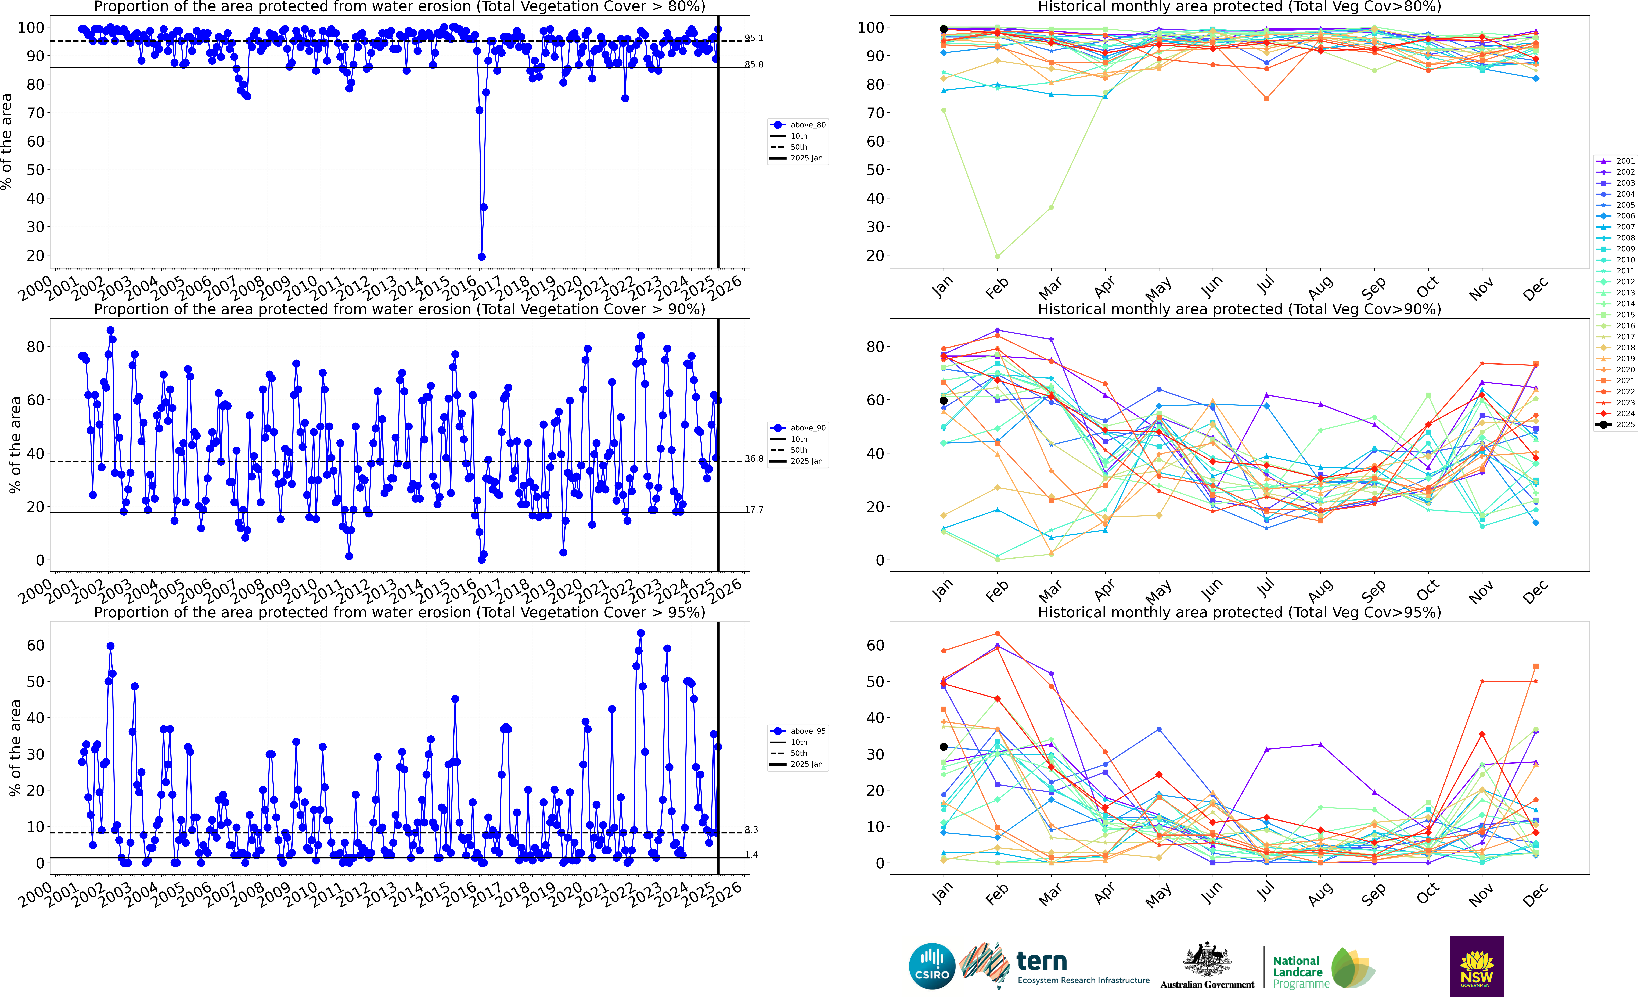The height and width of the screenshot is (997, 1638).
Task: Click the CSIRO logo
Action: click(x=932, y=966)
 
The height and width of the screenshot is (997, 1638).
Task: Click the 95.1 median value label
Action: click(x=754, y=38)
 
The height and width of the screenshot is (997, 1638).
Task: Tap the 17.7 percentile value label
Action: click(x=754, y=510)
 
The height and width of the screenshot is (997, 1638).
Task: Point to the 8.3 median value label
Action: click(x=751, y=830)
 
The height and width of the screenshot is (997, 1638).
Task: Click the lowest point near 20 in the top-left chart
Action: click(x=481, y=257)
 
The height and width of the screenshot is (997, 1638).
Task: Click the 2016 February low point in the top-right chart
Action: click(x=997, y=257)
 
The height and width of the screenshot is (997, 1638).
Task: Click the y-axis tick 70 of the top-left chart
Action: click(x=35, y=113)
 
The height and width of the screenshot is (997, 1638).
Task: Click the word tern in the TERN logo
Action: click(x=1042, y=961)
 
